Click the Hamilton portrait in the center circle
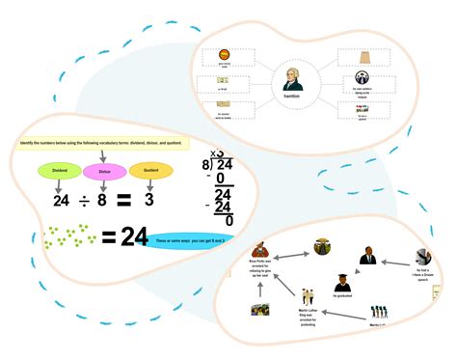(293, 77)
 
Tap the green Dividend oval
(58, 172)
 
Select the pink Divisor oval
(104, 172)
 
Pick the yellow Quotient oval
(150, 172)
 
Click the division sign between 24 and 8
(85, 201)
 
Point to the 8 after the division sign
(103, 201)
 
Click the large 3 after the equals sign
(149, 201)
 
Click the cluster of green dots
(69, 235)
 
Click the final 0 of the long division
(229, 220)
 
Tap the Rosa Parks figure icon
(259, 253)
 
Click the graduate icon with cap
(341, 284)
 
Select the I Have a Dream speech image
(421, 258)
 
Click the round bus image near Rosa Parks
(322, 247)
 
